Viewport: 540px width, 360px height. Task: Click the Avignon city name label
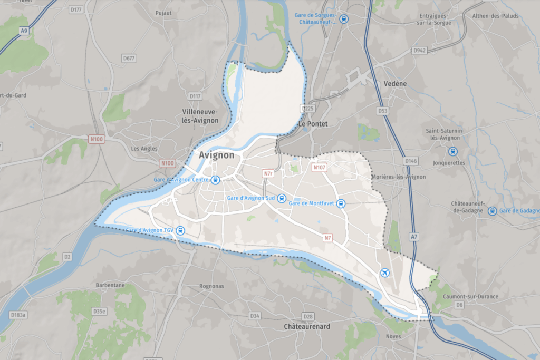point(217,155)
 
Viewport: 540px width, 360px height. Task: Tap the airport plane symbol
point(384,273)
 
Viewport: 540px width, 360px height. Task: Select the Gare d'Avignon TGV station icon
point(181,230)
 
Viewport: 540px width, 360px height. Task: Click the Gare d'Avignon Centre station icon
point(215,180)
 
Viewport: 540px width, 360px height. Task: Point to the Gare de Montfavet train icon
point(341,203)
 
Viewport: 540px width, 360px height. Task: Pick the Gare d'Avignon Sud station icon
point(282,198)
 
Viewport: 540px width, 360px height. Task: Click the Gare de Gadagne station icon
point(492,211)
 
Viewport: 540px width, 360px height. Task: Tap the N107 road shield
point(319,168)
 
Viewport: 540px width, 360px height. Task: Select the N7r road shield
point(269,173)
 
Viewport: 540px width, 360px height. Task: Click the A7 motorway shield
point(414,238)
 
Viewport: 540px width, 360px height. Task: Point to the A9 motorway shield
point(24,31)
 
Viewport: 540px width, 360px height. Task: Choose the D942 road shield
point(419,51)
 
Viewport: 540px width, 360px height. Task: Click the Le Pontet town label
point(313,124)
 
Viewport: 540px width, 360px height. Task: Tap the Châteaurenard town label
point(307,326)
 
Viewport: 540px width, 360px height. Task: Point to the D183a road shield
point(18,315)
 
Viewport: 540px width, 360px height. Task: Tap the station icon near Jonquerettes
point(452,151)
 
